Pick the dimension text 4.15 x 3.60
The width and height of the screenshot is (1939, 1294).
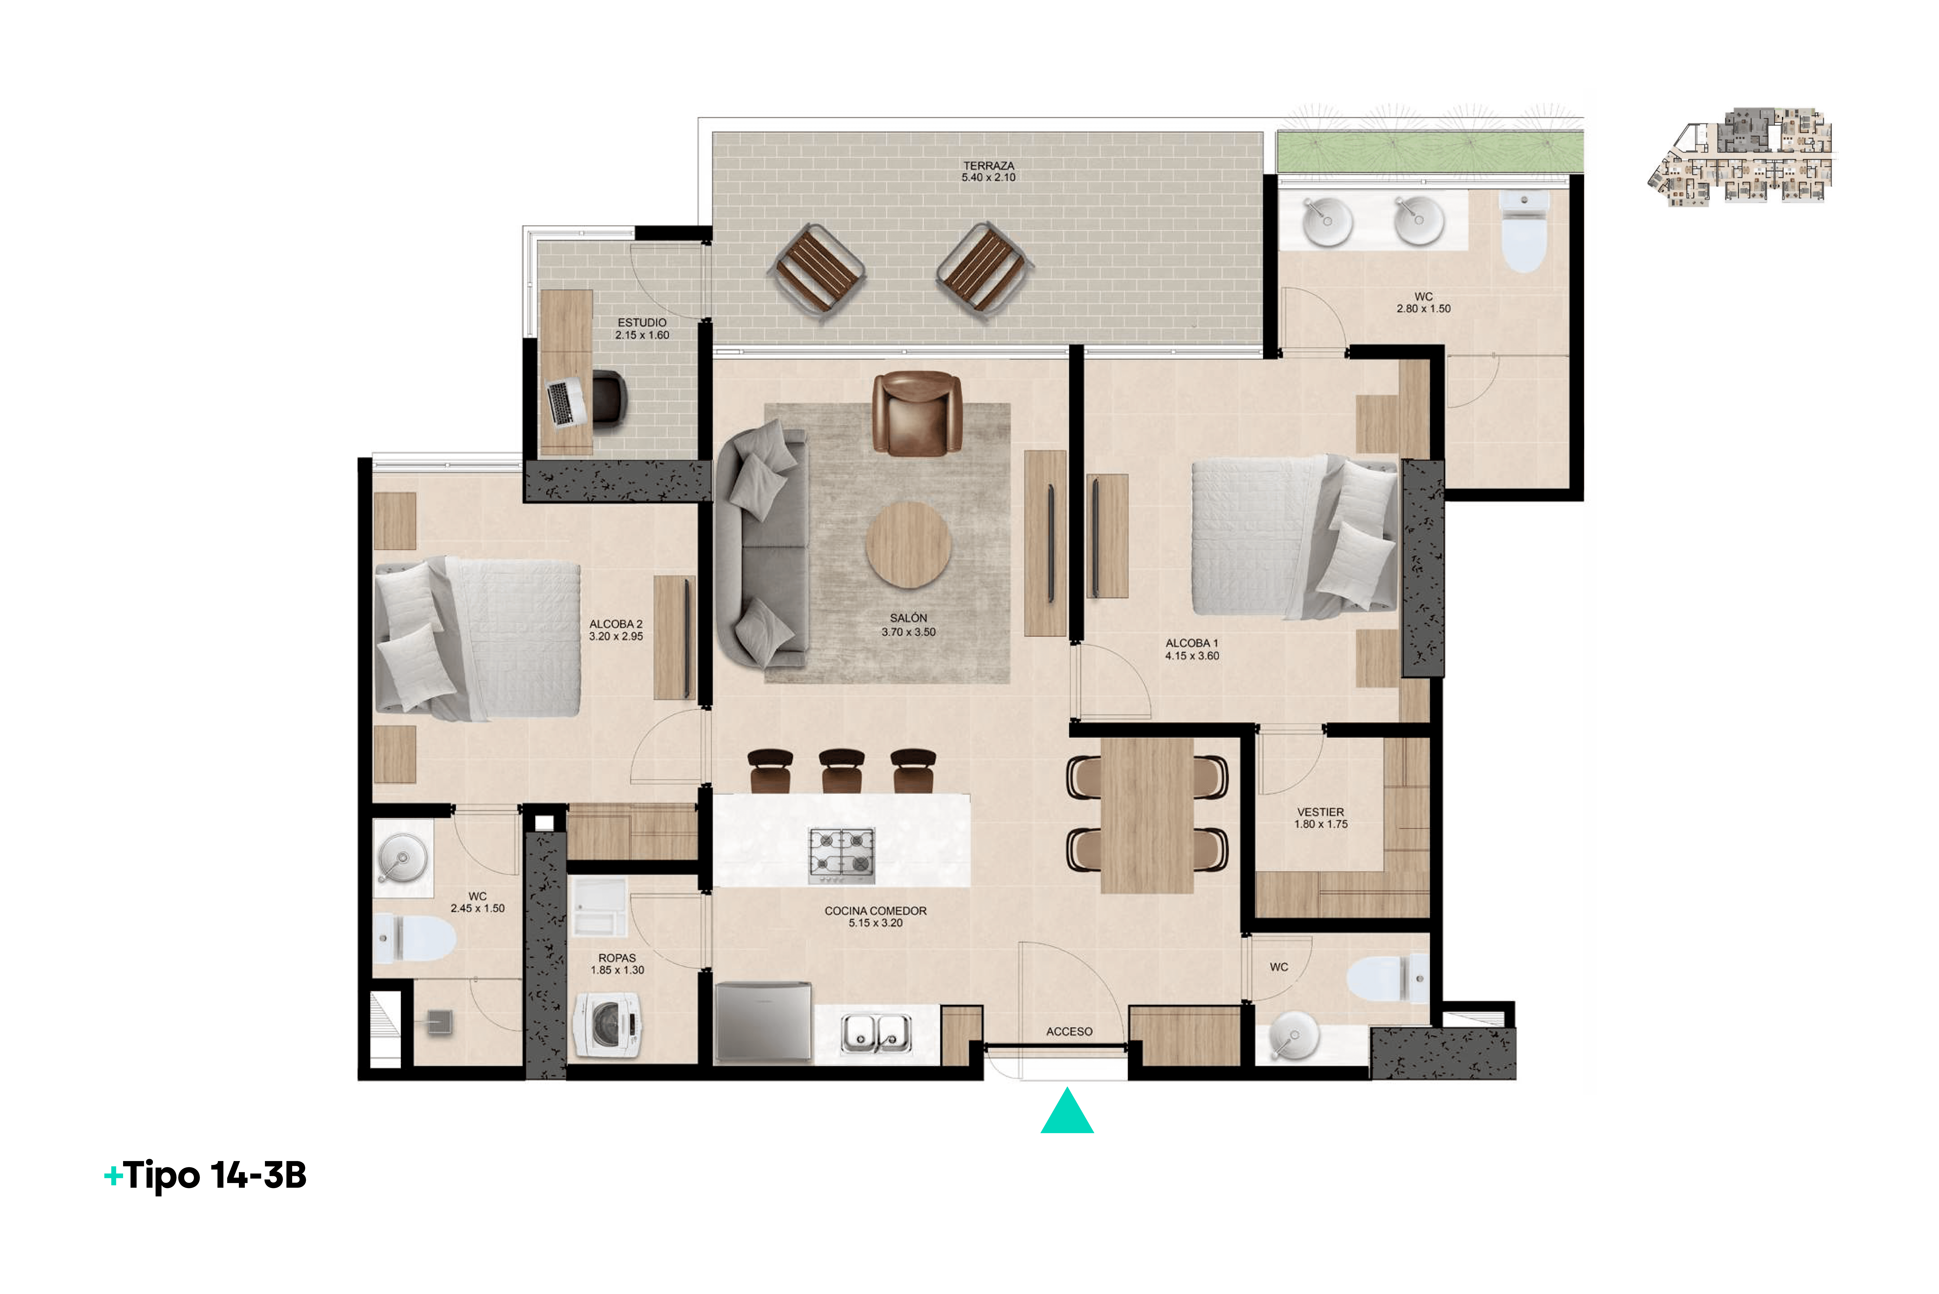click(x=1192, y=656)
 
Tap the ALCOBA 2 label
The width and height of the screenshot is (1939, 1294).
click(x=615, y=624)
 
